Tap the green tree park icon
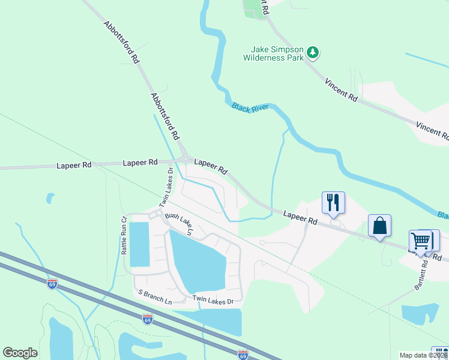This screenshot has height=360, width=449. pos(312,53)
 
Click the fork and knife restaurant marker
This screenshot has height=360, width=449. pos(333,202)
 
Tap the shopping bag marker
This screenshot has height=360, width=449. pos(379,226)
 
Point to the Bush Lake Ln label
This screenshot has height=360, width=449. pos(180,223)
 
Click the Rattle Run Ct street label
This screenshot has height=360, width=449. pos(125,236)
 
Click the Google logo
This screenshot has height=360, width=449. pos(20,353)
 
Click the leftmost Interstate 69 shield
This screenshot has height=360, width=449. pos(52,284)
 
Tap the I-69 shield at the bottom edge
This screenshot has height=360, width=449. pos(243,355)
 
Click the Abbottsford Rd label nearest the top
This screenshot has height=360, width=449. pos(121,43)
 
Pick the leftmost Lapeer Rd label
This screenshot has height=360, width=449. pos(74,164)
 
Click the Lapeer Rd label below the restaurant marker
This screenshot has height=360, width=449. pos(300,217)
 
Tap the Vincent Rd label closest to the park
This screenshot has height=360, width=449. pos(341,89)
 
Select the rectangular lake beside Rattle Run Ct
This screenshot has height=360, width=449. pos(139,244)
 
